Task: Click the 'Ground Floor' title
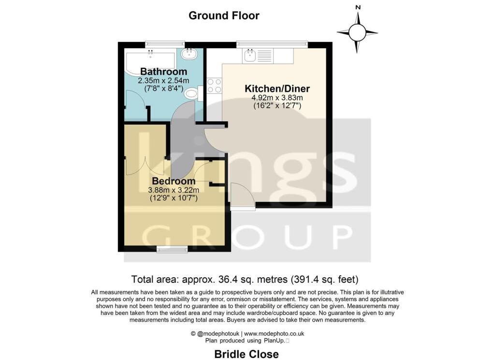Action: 224,15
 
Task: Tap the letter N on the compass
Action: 358,7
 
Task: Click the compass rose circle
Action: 357,32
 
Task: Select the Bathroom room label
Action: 163,72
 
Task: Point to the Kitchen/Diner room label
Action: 277,89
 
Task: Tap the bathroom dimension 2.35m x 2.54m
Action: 163,81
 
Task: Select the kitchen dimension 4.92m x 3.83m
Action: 277,98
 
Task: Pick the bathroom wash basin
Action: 189,53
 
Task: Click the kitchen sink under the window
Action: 250,56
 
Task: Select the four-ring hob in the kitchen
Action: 214,86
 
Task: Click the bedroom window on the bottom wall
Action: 173,249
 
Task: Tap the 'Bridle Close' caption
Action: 247,354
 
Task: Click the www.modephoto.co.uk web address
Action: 274,333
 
